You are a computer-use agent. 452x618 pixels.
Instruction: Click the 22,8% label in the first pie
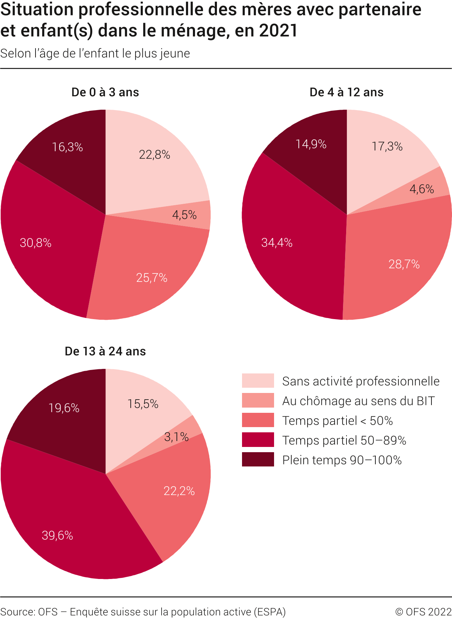154,155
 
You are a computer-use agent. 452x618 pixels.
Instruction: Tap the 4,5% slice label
184,215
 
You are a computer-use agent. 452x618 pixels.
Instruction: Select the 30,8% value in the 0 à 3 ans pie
36,243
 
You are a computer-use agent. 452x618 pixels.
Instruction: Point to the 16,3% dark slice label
67,147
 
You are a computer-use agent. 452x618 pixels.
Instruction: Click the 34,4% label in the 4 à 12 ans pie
277,242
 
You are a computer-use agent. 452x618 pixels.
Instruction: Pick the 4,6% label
421,189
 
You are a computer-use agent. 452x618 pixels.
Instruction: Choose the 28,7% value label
404,264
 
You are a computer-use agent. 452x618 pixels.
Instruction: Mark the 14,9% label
311,144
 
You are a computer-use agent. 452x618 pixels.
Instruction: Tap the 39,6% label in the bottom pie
57,535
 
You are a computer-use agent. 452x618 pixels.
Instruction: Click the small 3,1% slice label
176,437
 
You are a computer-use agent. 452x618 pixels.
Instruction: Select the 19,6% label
64,408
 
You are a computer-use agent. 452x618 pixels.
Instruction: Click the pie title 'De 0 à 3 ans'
105,92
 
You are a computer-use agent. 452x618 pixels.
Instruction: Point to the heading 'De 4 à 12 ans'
346,92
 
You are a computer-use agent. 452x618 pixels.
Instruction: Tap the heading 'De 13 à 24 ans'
105,351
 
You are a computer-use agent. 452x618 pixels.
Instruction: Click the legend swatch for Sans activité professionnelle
258,381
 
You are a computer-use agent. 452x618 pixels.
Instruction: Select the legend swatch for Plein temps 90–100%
258,459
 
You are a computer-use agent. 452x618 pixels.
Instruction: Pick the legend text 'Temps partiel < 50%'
337,421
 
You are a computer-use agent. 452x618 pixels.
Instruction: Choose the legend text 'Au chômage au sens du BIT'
358,401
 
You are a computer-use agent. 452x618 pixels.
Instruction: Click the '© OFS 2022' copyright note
423,612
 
